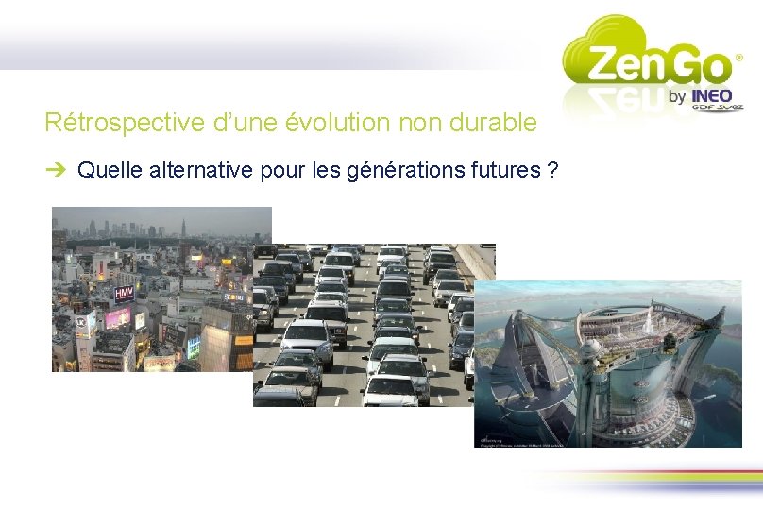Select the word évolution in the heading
click(338, 123)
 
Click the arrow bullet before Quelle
click(58, 171)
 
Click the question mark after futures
click(551, 171)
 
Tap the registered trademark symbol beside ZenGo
click(738, 57)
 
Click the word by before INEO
click(677, 96)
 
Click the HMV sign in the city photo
click(124, 294)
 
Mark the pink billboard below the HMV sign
click(119, 317)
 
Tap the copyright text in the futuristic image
click(515, 441)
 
